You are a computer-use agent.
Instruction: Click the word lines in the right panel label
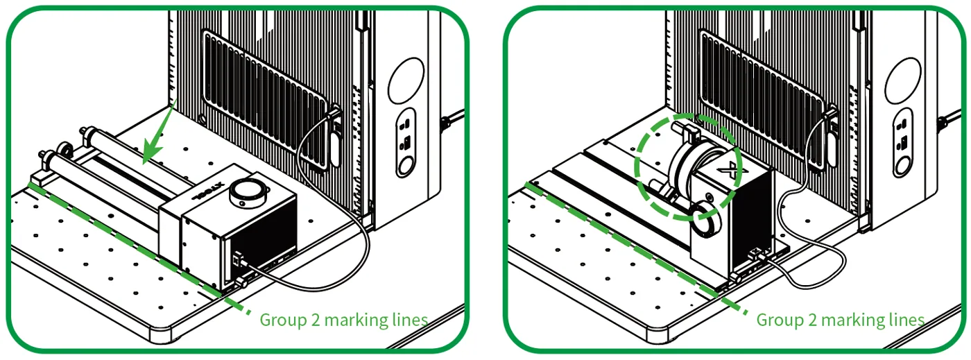coord(907,320)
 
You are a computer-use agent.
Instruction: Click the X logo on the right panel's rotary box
coord(730,171)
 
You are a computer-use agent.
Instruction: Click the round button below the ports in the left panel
coord(405,166)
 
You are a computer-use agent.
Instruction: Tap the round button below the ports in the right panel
coord(902,166)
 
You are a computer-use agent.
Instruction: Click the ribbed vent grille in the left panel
coord(266,100)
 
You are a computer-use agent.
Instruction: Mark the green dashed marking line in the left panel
coord(139,248)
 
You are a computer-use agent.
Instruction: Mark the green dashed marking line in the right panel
coord(636,248)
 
